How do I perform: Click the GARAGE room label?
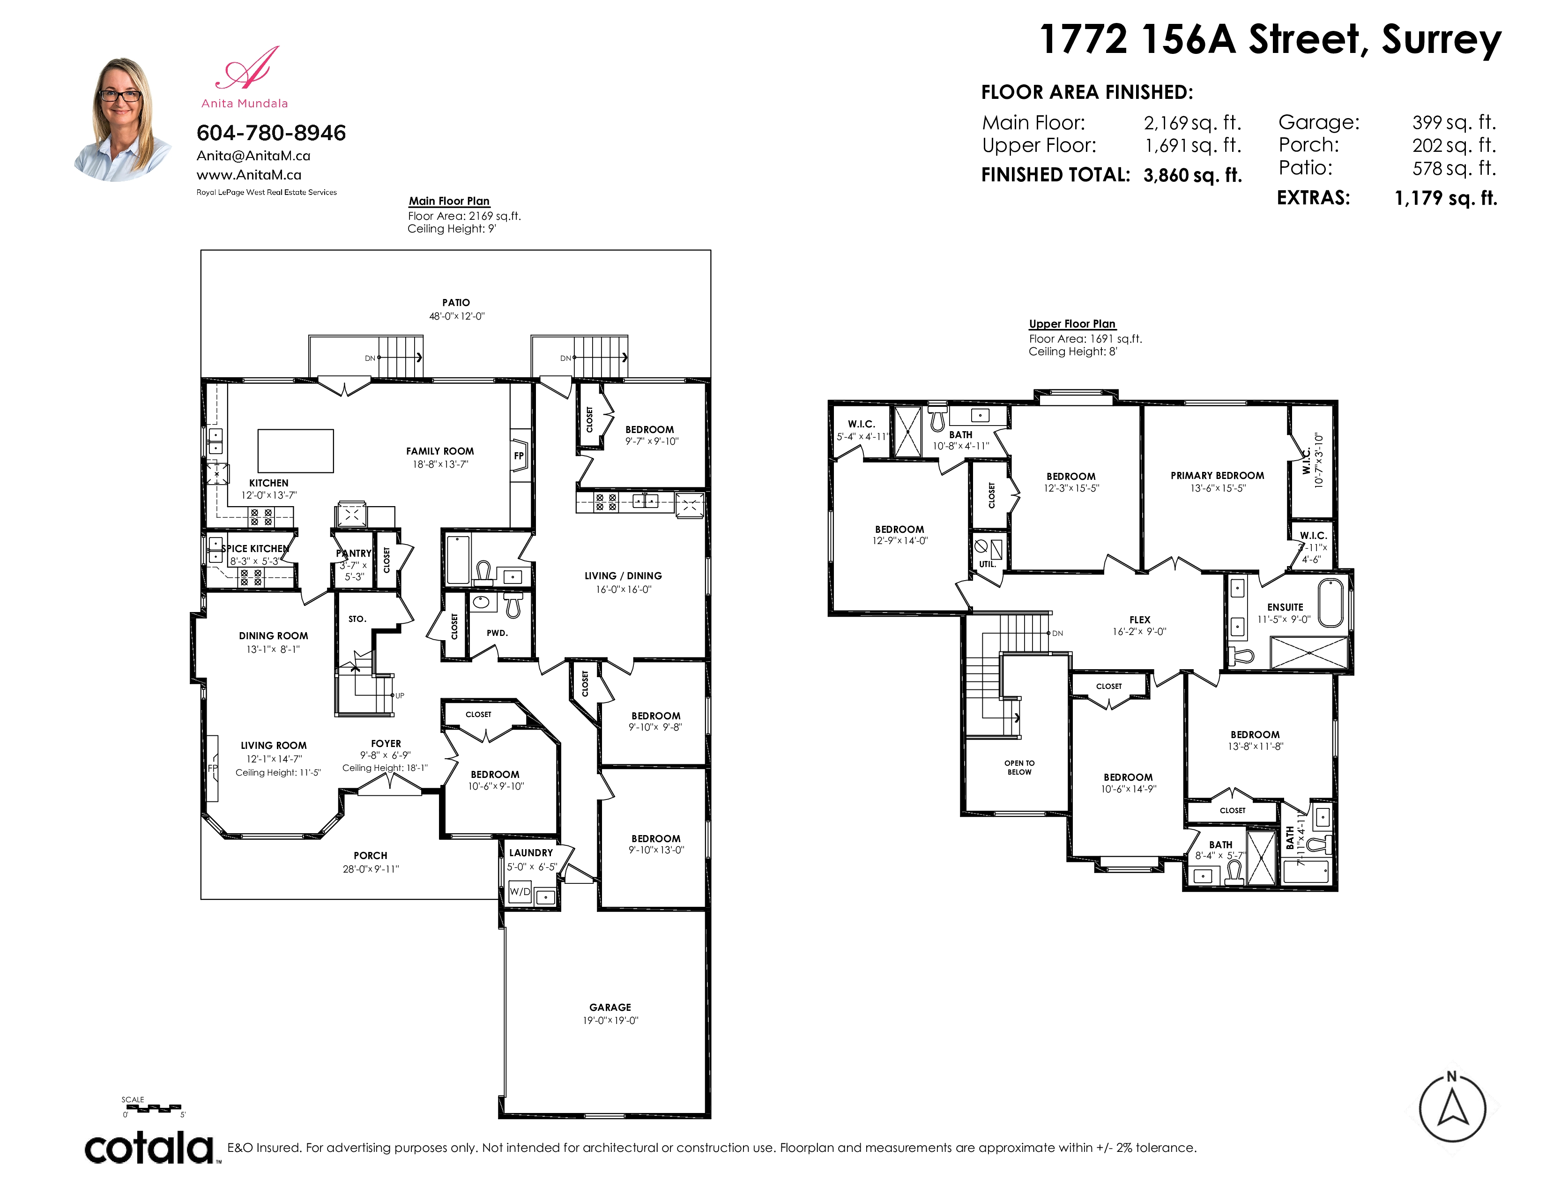point(610,1007)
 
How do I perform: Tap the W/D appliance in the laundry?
point(520,892)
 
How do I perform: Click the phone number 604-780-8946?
point(271,132)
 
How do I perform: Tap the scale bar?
point(154,1108)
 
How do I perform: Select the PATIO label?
point(456,302)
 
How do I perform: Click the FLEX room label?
point(1140,620)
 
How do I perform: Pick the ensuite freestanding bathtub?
point(1331,603)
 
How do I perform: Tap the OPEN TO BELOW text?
point(1019,768)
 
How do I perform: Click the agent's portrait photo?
point(122,119)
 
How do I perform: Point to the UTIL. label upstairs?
point(988,564)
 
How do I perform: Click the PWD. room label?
point(497,633)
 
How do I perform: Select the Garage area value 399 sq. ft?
point(1454,122)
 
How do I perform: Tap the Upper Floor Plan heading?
point(1072,323)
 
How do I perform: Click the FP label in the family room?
point(519,456)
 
